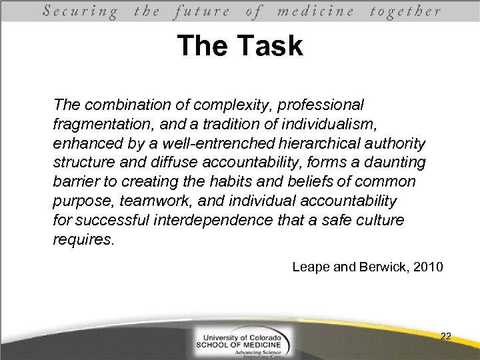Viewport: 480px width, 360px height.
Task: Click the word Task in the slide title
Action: tap(273, 47)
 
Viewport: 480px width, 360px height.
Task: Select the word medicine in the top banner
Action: tap(322, 11)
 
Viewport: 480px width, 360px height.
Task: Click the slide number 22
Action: tap(446, 337)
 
